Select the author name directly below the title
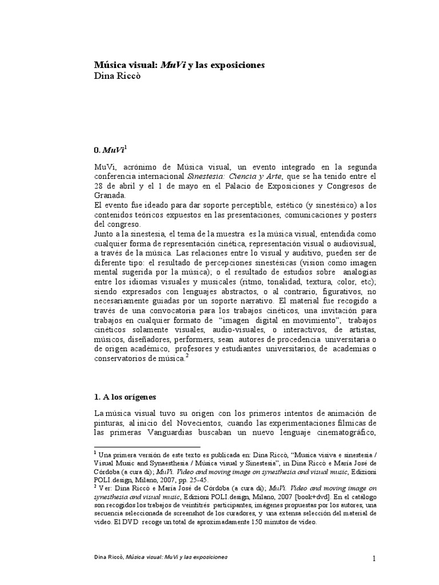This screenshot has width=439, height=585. [117, 77]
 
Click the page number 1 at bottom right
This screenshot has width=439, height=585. [374, 559]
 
